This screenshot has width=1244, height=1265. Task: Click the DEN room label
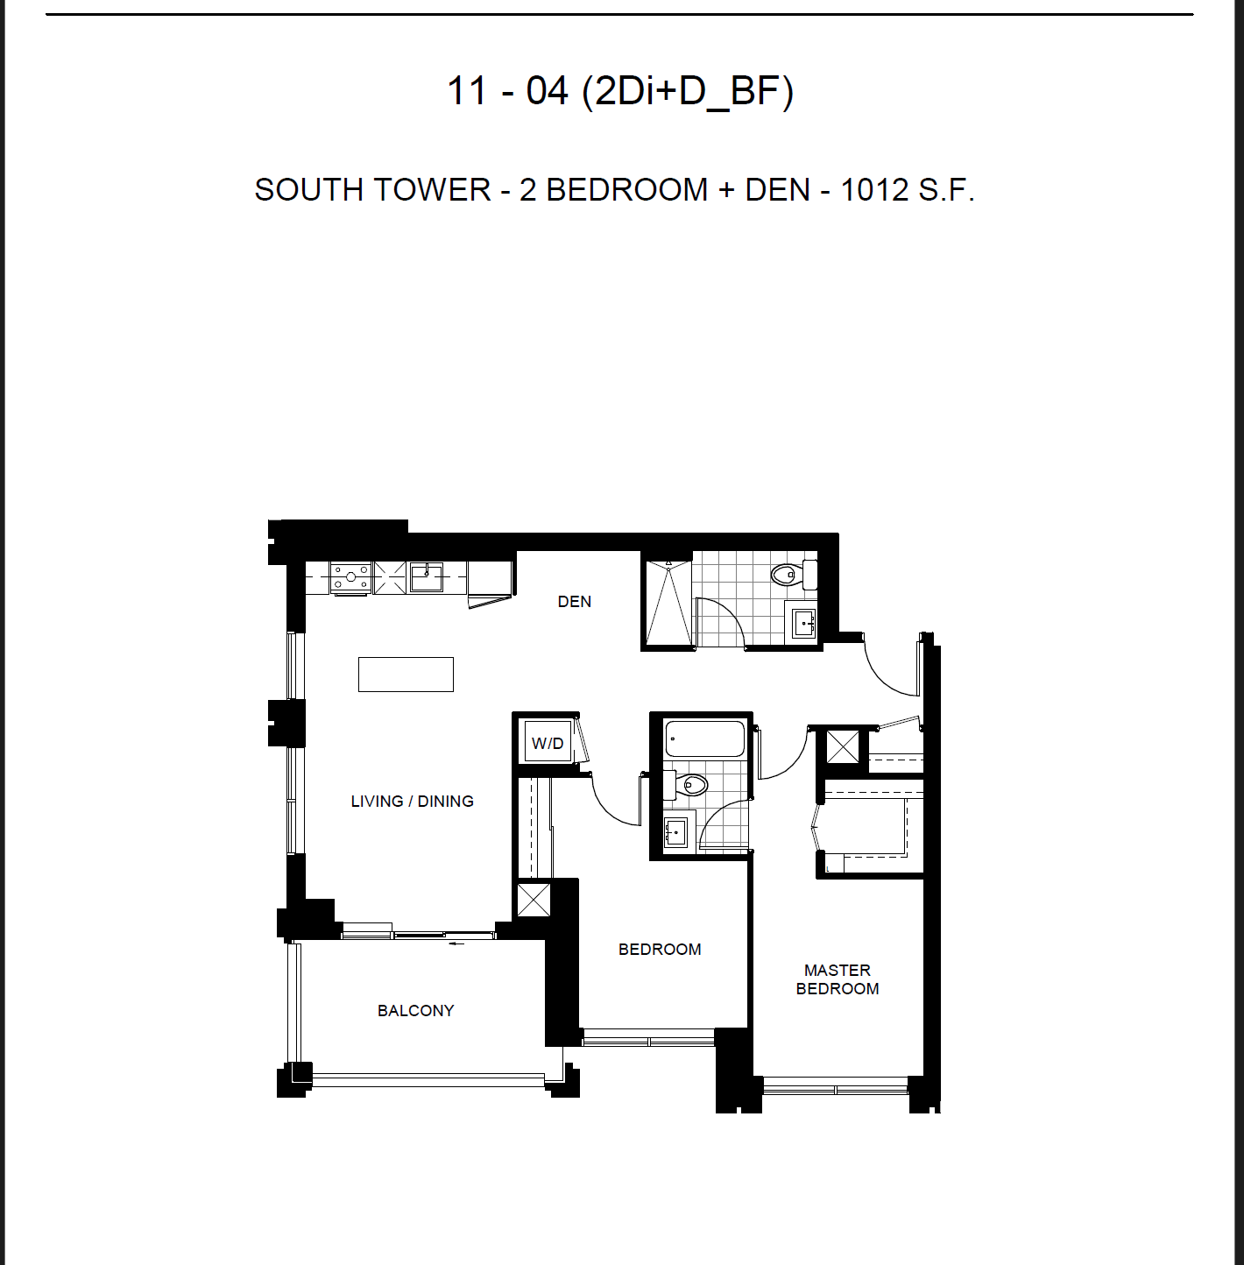574,601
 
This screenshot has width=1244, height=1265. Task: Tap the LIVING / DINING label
413,801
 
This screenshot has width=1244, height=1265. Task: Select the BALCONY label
415,1010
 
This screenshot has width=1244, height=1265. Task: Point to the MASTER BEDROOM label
837,979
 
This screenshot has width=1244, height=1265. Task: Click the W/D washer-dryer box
548,743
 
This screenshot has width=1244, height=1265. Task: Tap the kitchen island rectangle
406,675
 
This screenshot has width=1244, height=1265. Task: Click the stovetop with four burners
350,577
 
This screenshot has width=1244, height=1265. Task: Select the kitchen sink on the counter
427,577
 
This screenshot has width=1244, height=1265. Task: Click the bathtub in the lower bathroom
705,739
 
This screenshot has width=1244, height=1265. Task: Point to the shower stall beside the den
668,604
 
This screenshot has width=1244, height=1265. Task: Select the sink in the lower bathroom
675,833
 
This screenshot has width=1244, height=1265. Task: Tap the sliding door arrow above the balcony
457,944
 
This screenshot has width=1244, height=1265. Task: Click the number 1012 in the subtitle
874,190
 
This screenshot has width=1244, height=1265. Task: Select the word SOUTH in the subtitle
307,190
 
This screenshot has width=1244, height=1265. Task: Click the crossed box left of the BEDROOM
534,900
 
